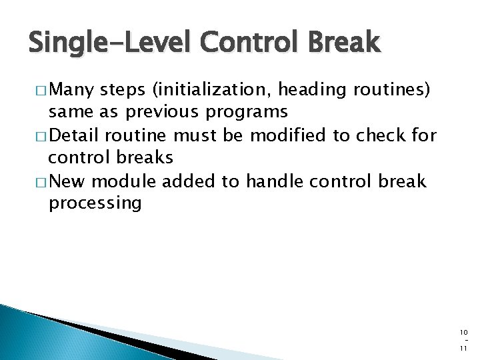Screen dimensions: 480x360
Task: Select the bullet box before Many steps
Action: click(41, 91)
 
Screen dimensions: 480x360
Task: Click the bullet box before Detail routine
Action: click(41, 137)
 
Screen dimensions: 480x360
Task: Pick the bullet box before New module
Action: click(41, 183)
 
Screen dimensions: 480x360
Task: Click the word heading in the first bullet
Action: click(312, 90)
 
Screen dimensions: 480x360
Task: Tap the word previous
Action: click(162, 112)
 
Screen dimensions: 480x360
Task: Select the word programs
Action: click(247, 113)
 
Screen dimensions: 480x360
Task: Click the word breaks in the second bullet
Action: click(145, 157)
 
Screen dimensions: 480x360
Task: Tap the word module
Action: click(124, 181)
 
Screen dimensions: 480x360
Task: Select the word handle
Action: click(275, 181)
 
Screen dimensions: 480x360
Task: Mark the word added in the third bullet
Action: click(188, 181)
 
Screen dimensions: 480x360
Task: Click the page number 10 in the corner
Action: click(463, 333)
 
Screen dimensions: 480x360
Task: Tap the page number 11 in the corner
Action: click(463, 349)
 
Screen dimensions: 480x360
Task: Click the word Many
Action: click(71, 90)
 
